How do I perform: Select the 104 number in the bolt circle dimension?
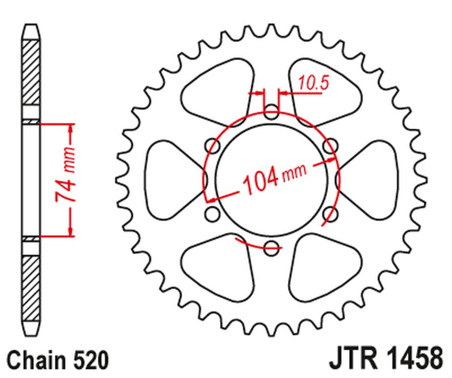point(259,181)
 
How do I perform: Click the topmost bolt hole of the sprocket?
point(271,113)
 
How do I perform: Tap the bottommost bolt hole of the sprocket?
point(271,246)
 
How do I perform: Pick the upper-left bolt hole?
point(214,146)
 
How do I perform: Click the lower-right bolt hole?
point(330,214)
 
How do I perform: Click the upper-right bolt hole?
point(330,146)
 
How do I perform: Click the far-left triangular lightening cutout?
point(170,180)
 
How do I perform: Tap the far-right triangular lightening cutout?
point(373,180)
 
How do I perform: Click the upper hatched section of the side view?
point(31,73)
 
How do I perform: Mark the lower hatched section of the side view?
point(31,288)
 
